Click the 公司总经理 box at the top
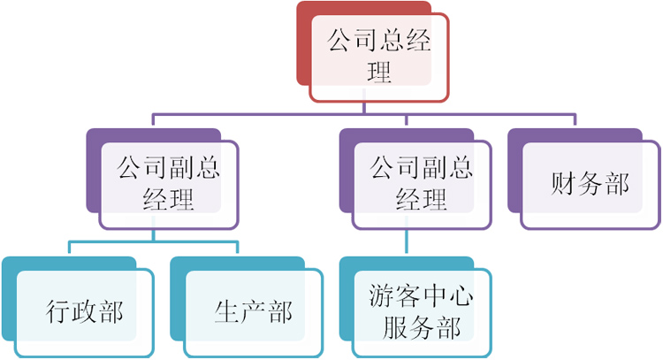coord(378,55)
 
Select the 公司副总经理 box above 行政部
coord(168,183)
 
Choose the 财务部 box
coord(590,184)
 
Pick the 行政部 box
coord(84,311)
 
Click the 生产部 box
coord(253,311)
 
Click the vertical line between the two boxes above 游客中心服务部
coord(408,242)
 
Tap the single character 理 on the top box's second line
coord(378,73)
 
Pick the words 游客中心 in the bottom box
coord(421,296)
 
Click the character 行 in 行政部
coord(58,311)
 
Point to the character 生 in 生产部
coord(227,311)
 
